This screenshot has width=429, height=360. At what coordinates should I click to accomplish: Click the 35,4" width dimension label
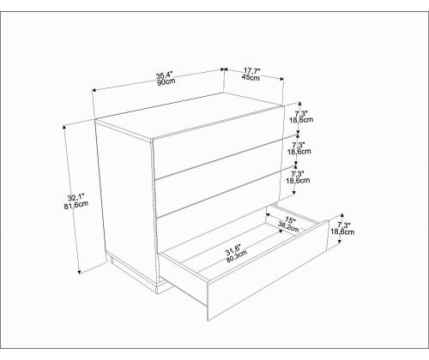(165, 75)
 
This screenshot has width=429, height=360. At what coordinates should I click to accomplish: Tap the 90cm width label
(166, 82)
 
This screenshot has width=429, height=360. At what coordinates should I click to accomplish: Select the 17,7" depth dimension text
(252, 70)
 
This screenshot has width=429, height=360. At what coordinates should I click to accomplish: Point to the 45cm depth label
(251, 77)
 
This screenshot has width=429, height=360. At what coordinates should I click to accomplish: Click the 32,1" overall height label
(76, 198)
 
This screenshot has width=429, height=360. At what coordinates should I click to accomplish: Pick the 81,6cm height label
(76, 205)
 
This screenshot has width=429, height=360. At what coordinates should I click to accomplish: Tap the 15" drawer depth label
(290, 220)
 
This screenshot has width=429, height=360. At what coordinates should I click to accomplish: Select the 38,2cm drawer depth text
(288, 227)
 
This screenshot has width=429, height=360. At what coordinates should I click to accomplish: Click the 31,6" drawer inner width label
(233, 249)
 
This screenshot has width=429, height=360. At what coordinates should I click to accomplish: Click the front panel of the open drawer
(268, 271)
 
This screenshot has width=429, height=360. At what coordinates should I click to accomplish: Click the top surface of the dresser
(189, 116)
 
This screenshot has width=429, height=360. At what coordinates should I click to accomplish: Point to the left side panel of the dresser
(126, 200)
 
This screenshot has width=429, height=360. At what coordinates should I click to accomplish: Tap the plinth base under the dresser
(135, 273)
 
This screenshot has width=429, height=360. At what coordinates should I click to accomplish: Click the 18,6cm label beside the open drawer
(342, 232)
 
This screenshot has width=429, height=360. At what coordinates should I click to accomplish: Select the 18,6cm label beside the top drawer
(301, 120)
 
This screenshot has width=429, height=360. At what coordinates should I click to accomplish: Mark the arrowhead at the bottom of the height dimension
(80, 272)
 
